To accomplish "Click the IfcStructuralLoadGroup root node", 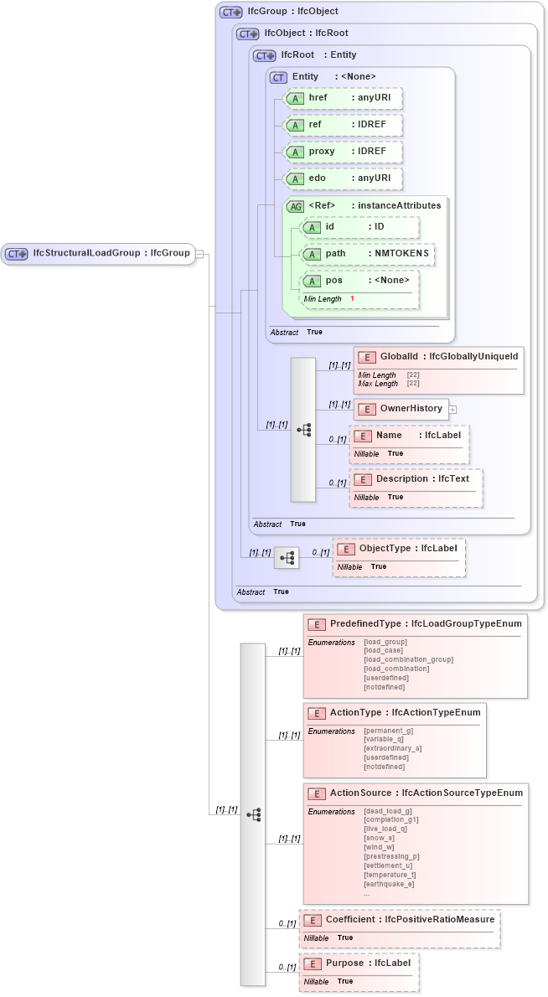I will coord(98,254).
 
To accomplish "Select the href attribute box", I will coord(343,98).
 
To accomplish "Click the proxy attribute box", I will coord(343,152).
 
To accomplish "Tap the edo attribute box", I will coord(343,178).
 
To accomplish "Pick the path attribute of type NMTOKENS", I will coord(368,254).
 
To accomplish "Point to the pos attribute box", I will coord(360,282).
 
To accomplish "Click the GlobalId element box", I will coord(439,357).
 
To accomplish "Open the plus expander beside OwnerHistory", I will coord(453,409).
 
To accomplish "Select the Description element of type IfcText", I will coord(416,479).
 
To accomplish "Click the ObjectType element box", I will coord(399,549).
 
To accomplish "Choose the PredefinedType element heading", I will coord(415,624).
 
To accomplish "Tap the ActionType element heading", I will coord(395,713).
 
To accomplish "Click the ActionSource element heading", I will coord(415,793).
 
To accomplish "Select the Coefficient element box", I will coord(400,920).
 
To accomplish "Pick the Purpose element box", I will coord(359,963).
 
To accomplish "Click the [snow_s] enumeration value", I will coord(379,838).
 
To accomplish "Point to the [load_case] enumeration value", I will coord(384,650).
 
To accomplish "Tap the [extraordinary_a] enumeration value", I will coord(392,748).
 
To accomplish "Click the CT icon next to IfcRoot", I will coord(265,56).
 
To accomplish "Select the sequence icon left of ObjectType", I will coord(287,557).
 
